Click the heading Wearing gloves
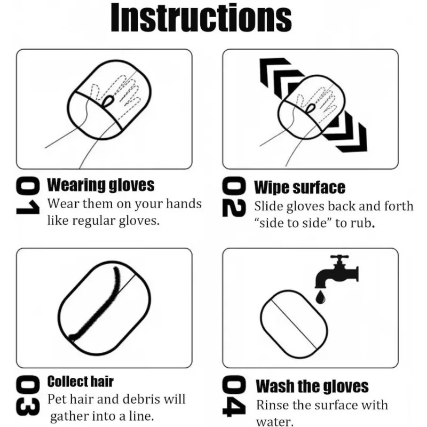[x=101, y=185]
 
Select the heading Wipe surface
[x=299, y=187]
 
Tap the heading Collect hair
[x=81, y=381]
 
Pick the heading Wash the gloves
[x=312, y=386]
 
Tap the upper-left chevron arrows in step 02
[x=278, y=77]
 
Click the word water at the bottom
[x=274, y=421]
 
